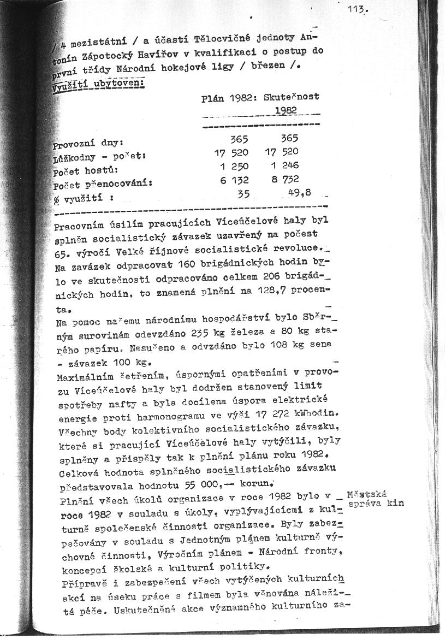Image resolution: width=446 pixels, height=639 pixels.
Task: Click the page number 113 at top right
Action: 358,9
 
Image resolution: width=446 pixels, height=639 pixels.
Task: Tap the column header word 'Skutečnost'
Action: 291,97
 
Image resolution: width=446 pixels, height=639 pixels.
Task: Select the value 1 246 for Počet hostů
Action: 284,165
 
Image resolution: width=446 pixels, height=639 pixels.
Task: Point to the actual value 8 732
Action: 284,179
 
